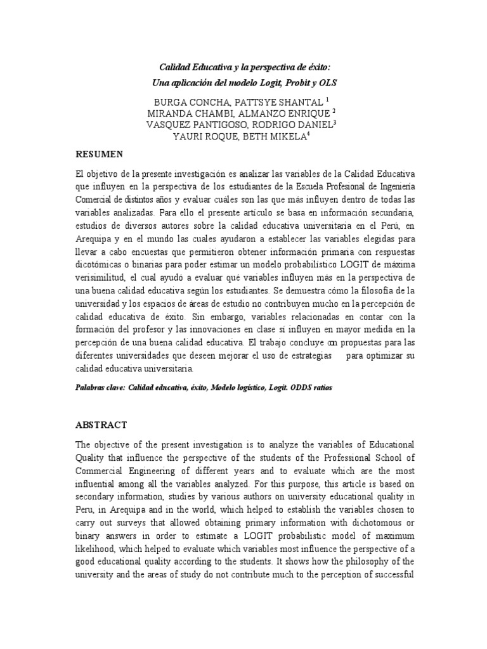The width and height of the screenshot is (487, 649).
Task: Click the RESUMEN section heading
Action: coord(100,154)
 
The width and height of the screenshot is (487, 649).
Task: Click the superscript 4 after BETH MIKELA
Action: coord(308,134)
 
